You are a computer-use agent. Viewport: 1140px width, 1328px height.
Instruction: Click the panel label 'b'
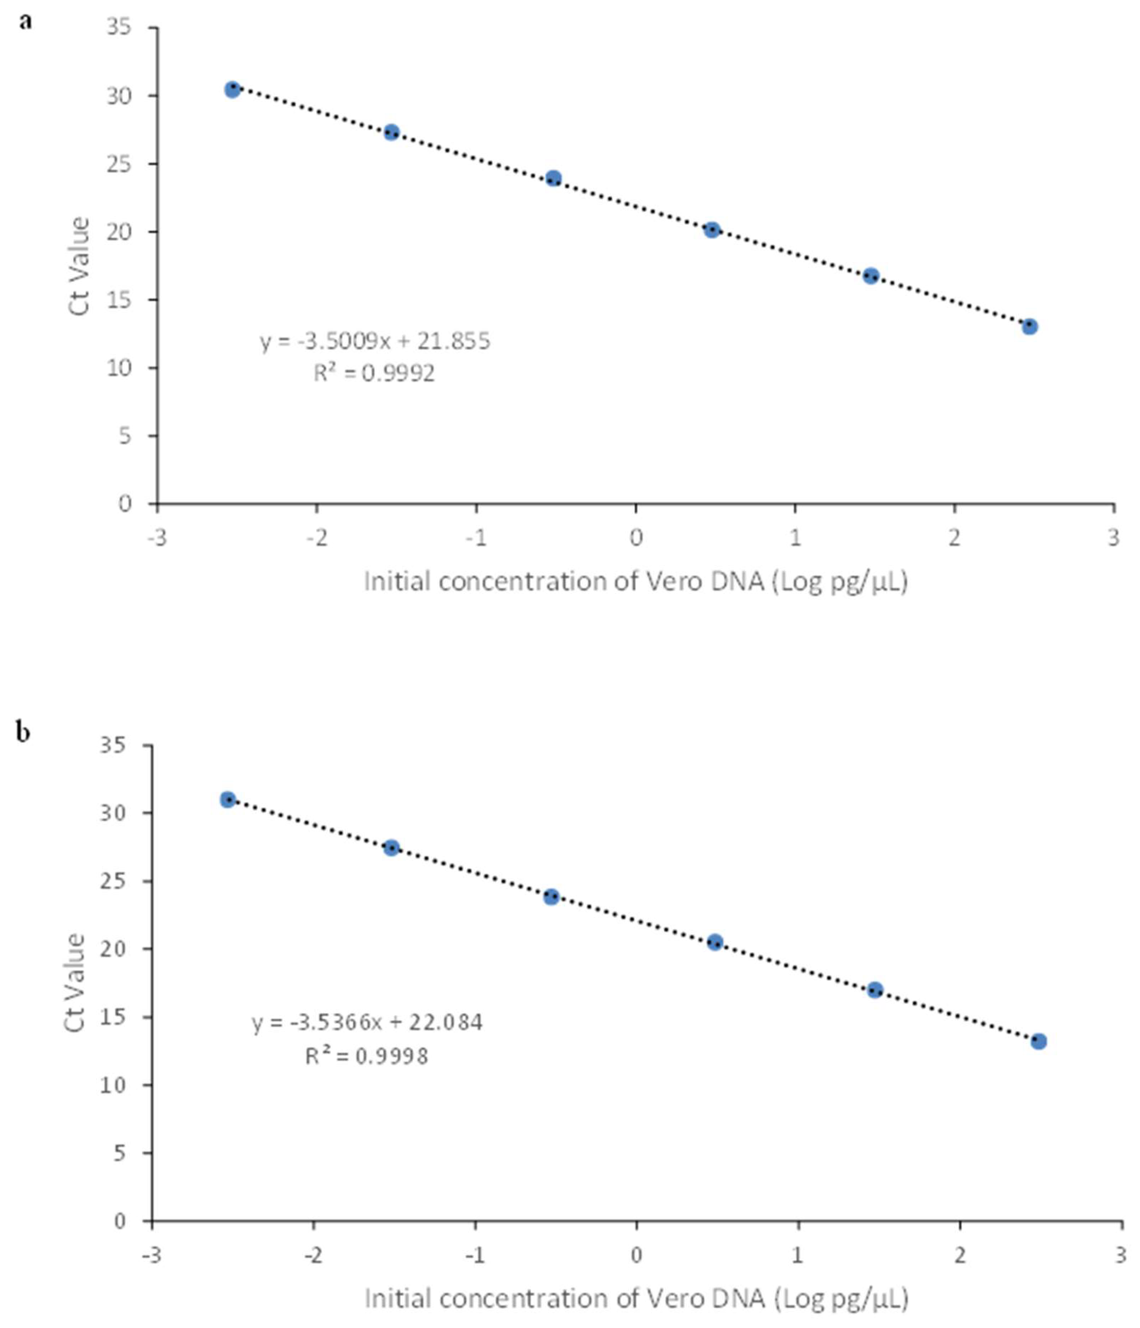(x=24, y=733)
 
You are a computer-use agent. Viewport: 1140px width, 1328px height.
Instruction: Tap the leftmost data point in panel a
(x=233, y=90)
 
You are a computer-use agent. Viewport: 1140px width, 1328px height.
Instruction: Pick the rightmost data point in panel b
(x=1039, y=1042)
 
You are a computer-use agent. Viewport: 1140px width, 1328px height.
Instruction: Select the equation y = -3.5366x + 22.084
(x=367, y=1022)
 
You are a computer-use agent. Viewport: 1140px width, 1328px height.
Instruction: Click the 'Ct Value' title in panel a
(x=79, y=266)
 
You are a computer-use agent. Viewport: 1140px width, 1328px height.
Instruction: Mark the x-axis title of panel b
(x=636, y=1298)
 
